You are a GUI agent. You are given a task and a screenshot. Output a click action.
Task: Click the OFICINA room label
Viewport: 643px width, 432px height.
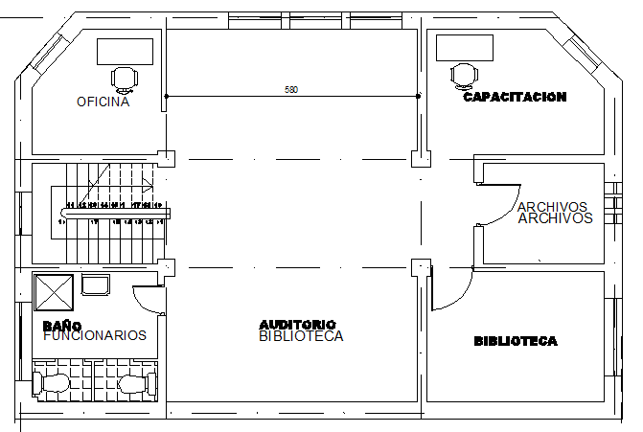pos(103,102)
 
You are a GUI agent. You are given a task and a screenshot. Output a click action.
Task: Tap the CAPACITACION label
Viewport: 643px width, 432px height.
pos(515,97)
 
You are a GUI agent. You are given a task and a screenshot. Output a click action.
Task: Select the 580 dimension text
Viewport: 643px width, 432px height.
pos(291,90)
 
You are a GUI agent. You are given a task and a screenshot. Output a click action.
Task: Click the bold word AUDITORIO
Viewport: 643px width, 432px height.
pos(297,324)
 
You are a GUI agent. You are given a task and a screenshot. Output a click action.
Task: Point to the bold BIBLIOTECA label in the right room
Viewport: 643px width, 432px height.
pos(516,341)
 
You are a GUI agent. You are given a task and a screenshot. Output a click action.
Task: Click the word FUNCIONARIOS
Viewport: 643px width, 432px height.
pos(95,335)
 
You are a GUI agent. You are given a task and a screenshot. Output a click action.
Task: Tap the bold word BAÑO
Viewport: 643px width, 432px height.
pos(61,326)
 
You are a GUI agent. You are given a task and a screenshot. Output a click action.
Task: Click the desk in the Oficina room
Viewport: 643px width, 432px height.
pos(125,51)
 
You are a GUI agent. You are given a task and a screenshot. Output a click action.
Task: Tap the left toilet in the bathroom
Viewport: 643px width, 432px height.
pos(52,384)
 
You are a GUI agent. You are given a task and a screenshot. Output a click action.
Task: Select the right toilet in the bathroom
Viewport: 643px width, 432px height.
pos(136,384)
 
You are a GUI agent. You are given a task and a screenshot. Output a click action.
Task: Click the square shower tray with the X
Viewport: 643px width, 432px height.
pos(53,290)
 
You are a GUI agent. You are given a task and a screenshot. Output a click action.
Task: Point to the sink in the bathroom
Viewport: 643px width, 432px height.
pos(97,284)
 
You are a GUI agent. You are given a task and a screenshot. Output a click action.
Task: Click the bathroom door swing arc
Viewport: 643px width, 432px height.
pos(146,302)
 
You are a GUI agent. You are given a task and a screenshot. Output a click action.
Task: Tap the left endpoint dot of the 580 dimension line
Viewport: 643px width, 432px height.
pos(166,96)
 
